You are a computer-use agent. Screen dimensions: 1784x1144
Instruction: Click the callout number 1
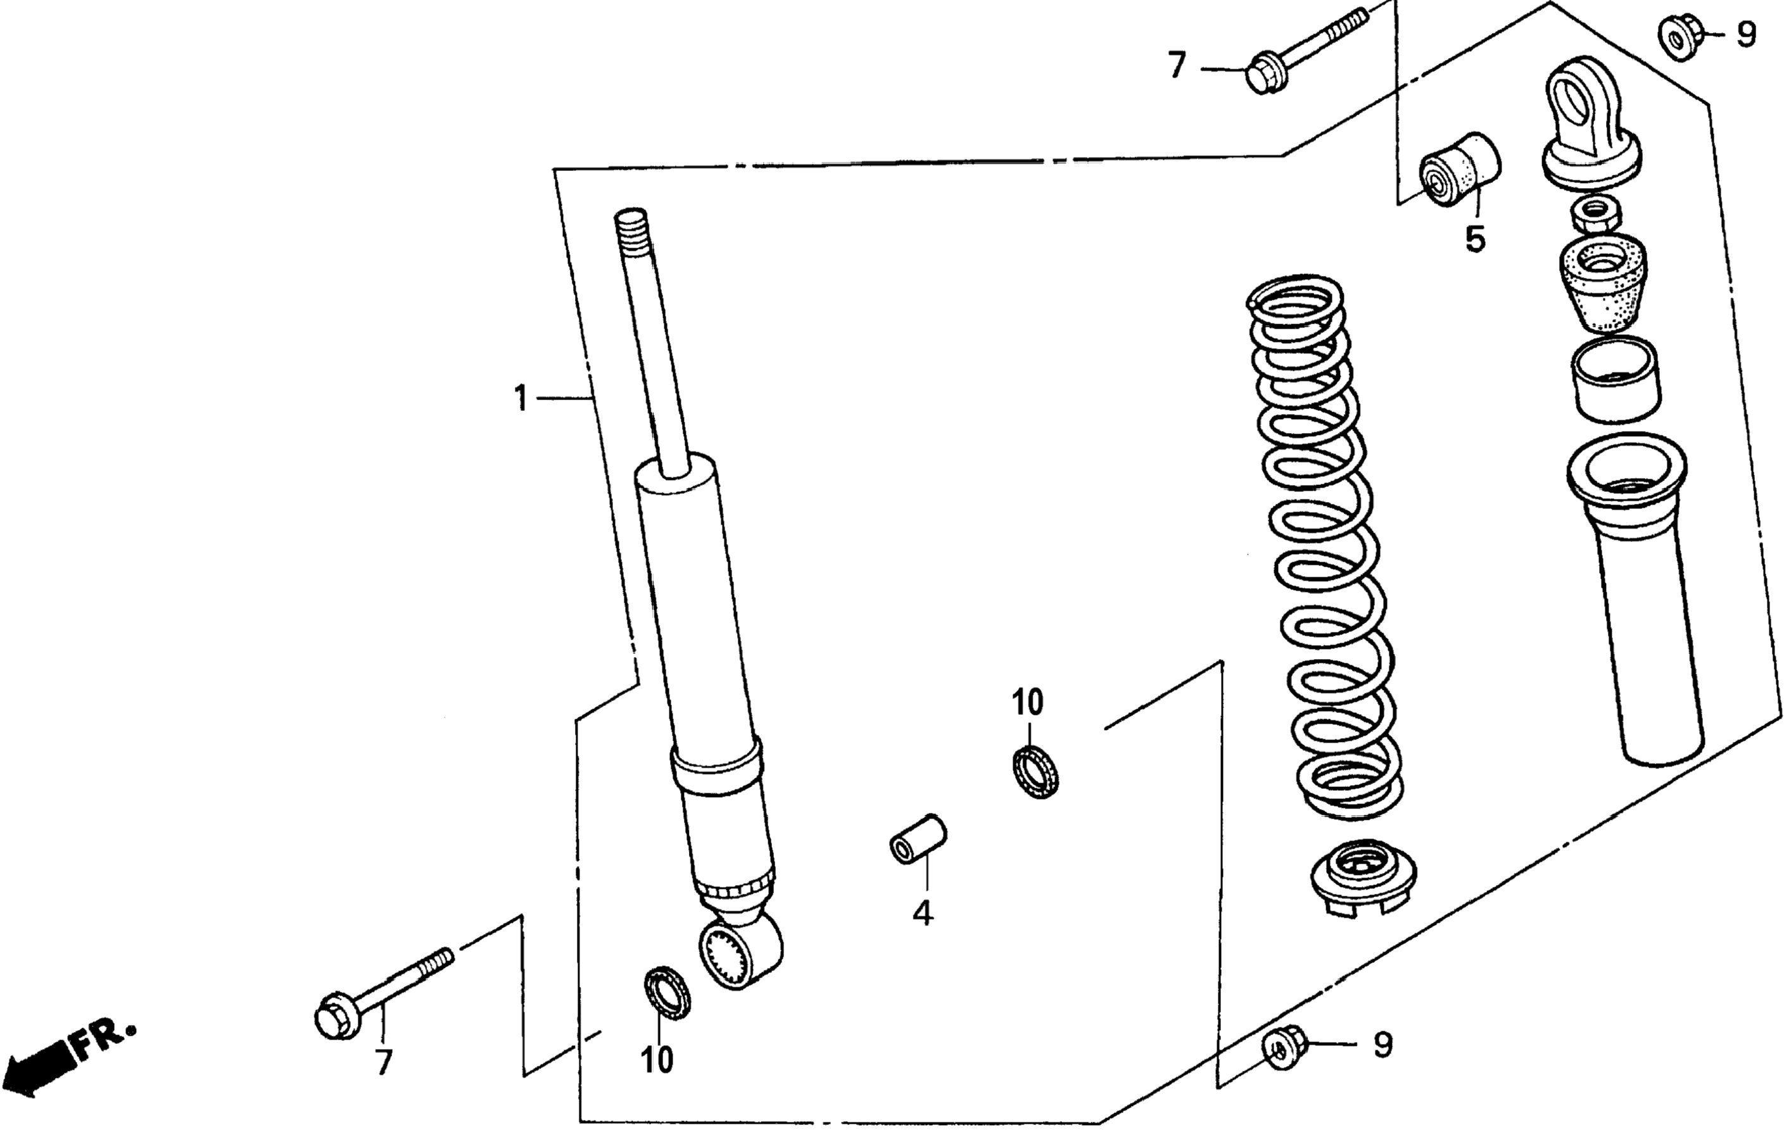(521, 399)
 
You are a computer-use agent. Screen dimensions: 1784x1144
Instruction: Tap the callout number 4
(922, 914)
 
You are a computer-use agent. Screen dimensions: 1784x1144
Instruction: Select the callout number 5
(1475, 239)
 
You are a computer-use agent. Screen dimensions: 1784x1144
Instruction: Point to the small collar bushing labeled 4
(918, 839)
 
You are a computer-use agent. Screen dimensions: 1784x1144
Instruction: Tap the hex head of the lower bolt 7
(334, 1017)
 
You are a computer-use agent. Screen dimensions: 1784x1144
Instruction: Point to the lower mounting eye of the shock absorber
(740, 954)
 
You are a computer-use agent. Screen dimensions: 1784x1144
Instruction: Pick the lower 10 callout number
(657, 1061)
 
